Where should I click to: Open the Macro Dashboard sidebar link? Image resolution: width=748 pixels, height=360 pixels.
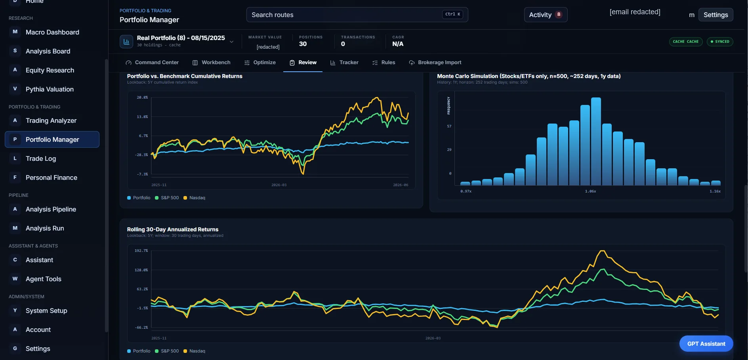[52, 32]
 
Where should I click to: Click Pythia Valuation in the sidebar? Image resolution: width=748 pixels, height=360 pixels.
[50, 89]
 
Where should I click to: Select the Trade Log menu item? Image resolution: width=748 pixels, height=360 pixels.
[41, 158]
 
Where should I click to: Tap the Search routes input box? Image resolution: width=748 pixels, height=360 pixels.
[357, 15]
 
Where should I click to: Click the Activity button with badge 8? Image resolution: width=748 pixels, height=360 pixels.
[546, 15]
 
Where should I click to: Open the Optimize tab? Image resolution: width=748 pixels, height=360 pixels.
[260, 63]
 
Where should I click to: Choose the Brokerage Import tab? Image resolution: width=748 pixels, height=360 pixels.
[435, 63]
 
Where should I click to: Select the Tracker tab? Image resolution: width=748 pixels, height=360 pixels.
[344, 63]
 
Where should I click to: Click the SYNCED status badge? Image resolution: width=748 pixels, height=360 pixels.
[720, 42]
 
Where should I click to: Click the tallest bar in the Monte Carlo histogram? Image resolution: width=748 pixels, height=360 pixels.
[596, 141]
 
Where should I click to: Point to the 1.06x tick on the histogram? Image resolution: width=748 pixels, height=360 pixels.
[590, 191]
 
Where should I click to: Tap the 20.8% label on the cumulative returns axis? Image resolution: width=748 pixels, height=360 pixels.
[142, 97]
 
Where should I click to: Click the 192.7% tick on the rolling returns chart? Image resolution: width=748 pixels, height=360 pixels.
[141, 251]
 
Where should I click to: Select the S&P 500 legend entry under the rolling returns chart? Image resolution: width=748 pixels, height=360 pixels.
[167, 351]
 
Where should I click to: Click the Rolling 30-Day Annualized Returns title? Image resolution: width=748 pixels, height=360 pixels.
[173, 229]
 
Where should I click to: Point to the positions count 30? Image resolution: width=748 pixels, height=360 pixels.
[303, 44]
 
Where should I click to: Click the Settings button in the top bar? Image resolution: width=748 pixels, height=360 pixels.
[716, 15]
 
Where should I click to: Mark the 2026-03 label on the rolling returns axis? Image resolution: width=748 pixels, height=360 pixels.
[433, 338]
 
